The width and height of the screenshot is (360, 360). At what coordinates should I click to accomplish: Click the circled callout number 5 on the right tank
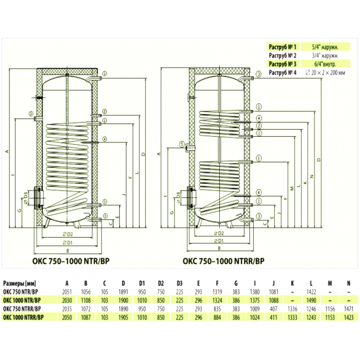pyautogui.click(x=181, y=145)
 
